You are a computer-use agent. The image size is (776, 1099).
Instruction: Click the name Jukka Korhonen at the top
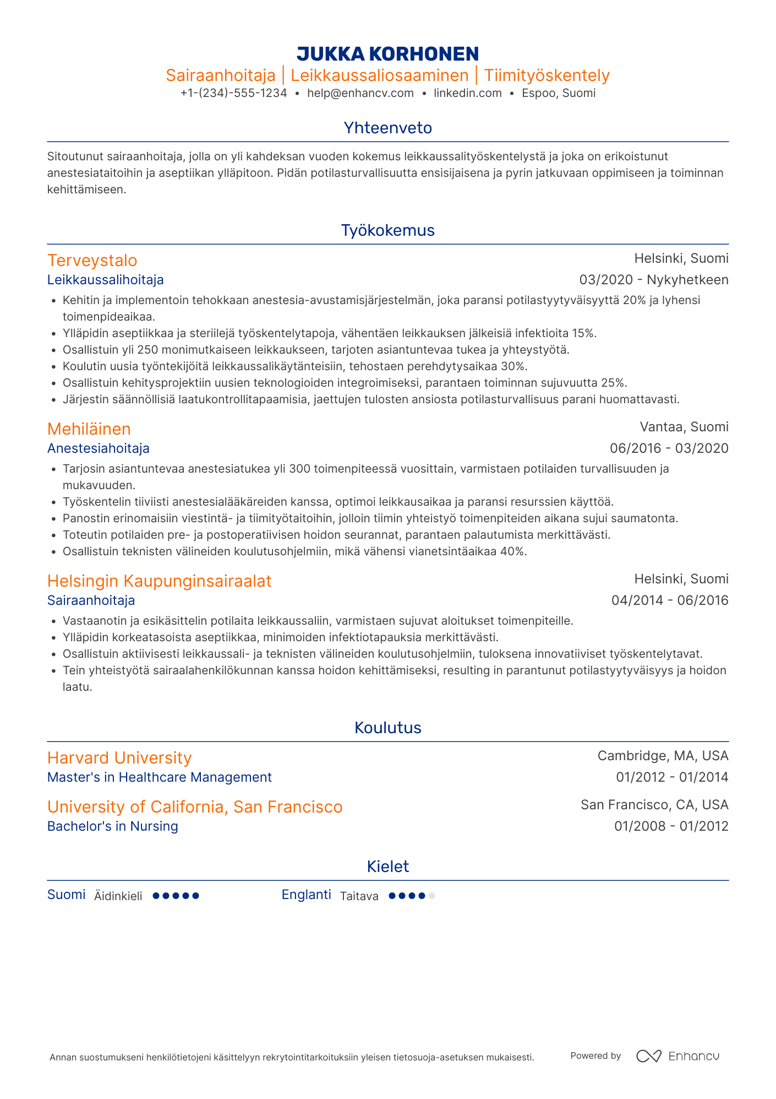point(387,54)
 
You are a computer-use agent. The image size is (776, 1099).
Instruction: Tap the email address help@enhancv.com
point(360,93)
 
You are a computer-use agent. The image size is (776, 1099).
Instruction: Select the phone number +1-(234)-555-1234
point(234,93)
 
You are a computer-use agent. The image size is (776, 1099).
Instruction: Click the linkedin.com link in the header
point(468,93)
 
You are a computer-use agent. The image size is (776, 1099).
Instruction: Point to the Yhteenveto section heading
point(387,128)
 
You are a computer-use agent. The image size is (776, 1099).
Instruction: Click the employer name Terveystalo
point(92,261)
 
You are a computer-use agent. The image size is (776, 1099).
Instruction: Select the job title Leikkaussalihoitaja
point(106,280)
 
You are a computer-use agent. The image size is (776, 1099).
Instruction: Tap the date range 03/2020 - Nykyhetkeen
point(654,280)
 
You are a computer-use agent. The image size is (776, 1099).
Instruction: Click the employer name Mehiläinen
point(89,429)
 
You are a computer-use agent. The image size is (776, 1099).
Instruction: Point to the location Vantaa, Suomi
point(684,427)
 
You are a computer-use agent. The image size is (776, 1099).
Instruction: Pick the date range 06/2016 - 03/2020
point(669,448)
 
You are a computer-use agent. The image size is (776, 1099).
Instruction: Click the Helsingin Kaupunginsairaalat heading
point(159,581)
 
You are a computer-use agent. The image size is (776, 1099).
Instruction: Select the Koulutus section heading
point(387,728)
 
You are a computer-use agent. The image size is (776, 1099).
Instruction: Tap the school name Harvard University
point(119,758)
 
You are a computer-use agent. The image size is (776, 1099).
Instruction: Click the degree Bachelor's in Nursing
point(113,826)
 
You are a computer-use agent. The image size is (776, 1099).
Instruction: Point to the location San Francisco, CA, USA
point(654,805)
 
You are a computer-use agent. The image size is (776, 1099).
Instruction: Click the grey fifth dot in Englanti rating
point(432,896)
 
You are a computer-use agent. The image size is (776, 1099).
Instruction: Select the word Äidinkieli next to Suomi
point(118,896)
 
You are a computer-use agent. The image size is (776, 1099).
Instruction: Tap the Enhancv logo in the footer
point(677,1056)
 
